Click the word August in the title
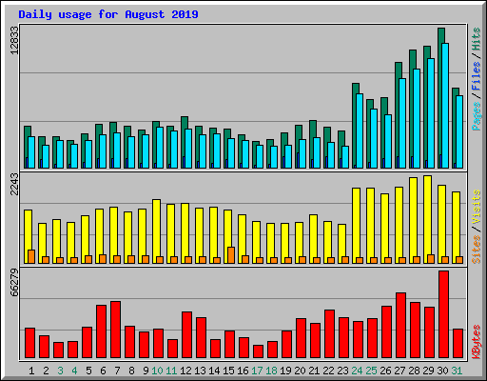[146, 14]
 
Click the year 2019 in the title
[185, 14]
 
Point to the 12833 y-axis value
[14, 40]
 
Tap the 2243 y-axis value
[14, 185]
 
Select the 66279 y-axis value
[14, 282]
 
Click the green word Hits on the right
[477, 39]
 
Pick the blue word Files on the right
[477, 75]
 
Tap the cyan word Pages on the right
[477, 116]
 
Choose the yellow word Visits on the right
[477, 207]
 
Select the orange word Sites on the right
[477, 250]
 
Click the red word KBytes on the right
[477, 342]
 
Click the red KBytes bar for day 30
[443, 314]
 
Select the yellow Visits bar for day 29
[427, 219]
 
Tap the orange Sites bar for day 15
[231, 255]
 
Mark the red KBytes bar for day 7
[115, 330]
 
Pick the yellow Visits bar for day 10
[156, 231]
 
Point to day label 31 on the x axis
[457, 371]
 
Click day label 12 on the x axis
[185, 371]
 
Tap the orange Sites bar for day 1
[31, 256]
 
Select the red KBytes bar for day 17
[258, 351]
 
